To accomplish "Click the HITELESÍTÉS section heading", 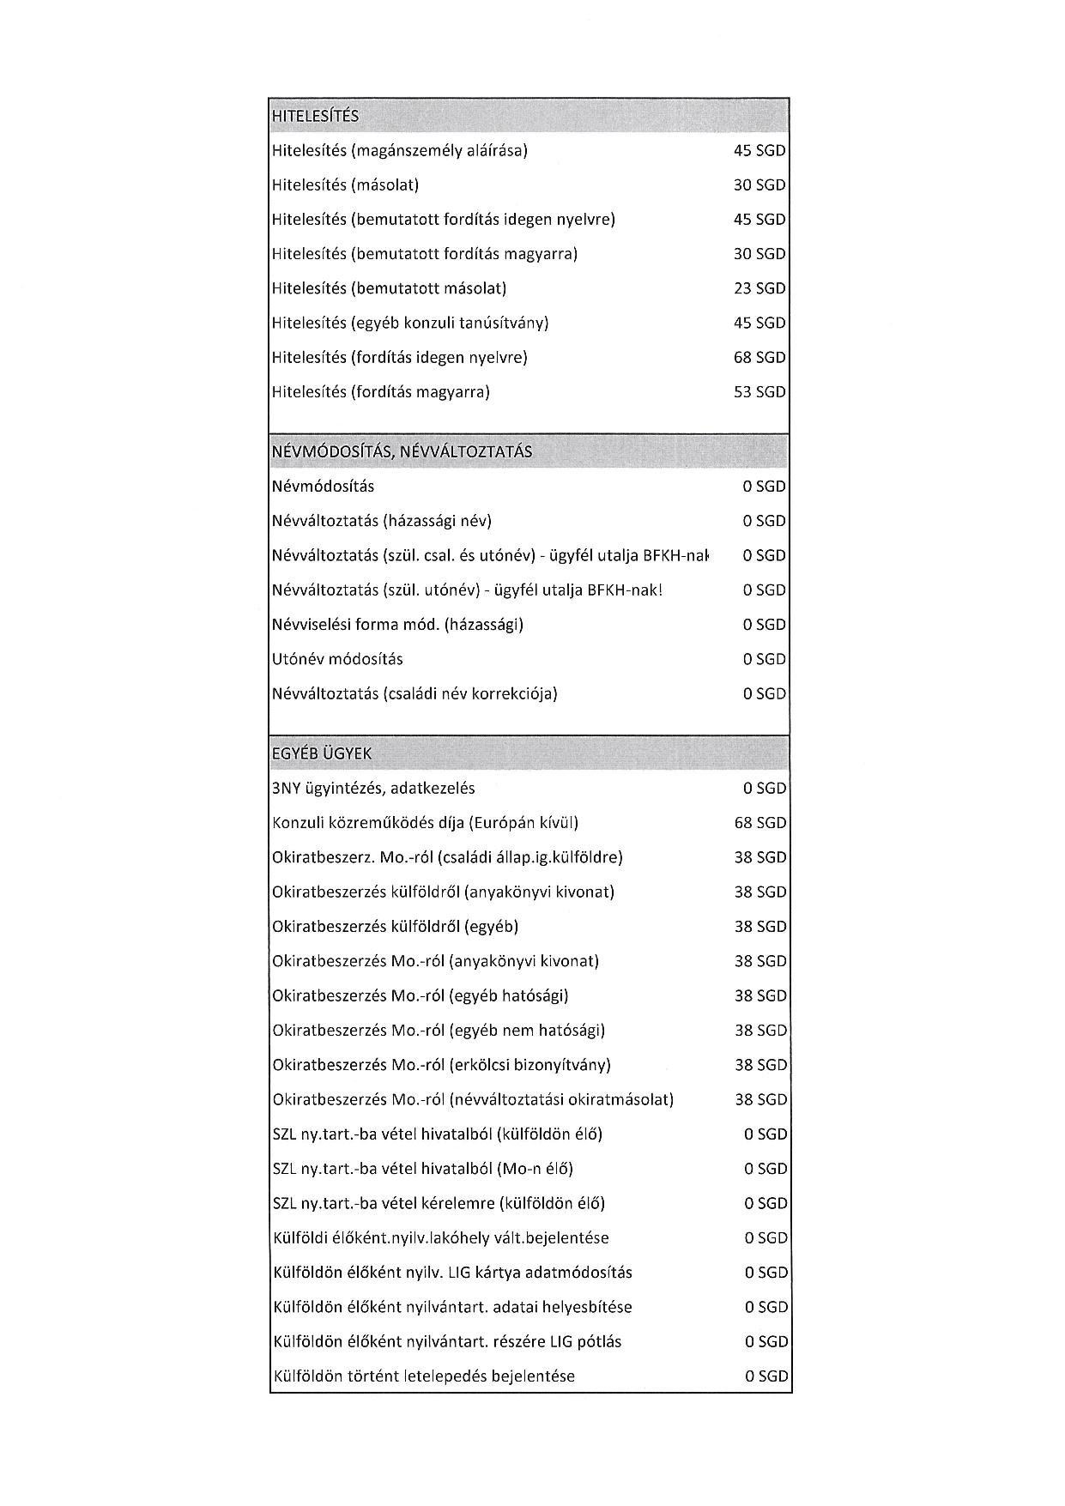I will click(x=315, y=116).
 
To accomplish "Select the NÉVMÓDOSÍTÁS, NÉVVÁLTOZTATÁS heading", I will click(x=402, y=451).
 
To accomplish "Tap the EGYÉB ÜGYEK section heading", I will click(x=322, y=753).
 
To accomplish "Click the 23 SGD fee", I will click(x=759, y=288).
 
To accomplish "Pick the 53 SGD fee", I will click(x=759, y=392).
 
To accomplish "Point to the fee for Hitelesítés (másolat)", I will click(x=759, y=185).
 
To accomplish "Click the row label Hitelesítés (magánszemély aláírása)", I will click(x=399, y=151).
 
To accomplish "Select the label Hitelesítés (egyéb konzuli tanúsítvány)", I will click(x=410, y=323).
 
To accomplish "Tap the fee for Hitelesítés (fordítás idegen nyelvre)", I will click(x=759, y=357).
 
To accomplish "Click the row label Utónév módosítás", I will click(x=337, y=659).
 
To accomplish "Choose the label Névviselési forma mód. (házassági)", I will click(x=397, y=625).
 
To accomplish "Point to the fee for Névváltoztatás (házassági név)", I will click(x=764, y=521).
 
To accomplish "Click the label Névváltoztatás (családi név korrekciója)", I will click(x=415, y=693).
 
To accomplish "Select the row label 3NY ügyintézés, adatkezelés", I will click(x=373, y=788).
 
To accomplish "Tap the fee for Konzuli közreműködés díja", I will click(x=759, y=823).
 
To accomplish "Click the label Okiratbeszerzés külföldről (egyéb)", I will click(x=396, y=927).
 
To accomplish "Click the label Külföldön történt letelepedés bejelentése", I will click(x=424, y=1376).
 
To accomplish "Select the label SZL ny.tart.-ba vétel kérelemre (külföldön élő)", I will click(x=439, y=1203).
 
